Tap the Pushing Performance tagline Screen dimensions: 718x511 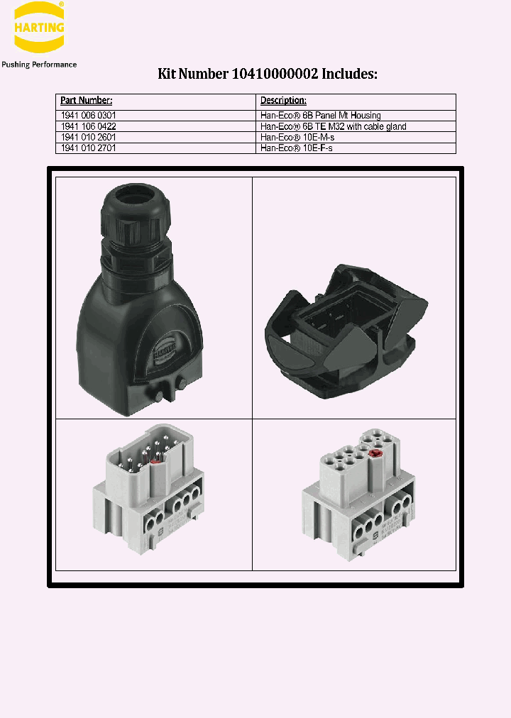(x=39, y=65)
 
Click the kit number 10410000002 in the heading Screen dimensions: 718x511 (x=278, y=74)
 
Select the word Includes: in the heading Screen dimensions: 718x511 (x=352, y=74)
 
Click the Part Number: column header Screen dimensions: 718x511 (x=86, y=101)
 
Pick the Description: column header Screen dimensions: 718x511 (x=283, y=101)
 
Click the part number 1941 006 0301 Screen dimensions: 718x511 (x=89, y=116)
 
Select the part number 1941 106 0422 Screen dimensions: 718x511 (x=89, y=126)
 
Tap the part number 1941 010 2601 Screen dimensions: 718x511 (x=89, y=137)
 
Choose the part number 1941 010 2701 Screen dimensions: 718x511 (x=89, y=148)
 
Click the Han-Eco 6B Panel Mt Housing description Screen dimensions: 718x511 (x=320, y=116)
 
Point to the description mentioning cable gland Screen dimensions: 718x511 (x=333, y=126)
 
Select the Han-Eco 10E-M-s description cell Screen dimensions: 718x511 (x=297, y=137)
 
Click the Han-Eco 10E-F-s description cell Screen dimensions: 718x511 (x=297, y=148)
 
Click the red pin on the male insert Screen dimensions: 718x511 (x=156, y=459)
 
